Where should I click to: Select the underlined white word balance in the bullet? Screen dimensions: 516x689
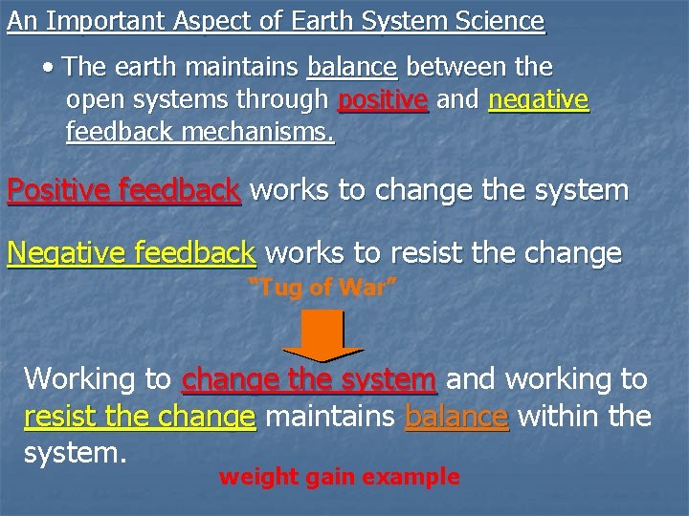(x=351, y=68)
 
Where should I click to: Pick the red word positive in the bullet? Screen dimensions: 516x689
(x=383, y=100)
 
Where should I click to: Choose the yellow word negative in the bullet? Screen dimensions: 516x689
(x=539, y=100)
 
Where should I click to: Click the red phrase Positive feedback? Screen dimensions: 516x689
(x=123, y=190)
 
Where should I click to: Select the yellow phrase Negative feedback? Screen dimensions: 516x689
(x=131, y=253)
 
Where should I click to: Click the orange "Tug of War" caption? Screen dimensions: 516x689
(x=322, y=288)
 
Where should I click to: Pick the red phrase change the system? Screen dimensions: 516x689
(x=309, y=379)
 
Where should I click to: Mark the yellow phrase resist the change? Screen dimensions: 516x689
(x=140, y=417)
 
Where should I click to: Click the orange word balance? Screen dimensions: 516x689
(x=456, y=417)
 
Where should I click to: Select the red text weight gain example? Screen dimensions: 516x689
(x=339, y=476)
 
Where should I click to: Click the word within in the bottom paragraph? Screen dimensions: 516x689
(x=560, y=417)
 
